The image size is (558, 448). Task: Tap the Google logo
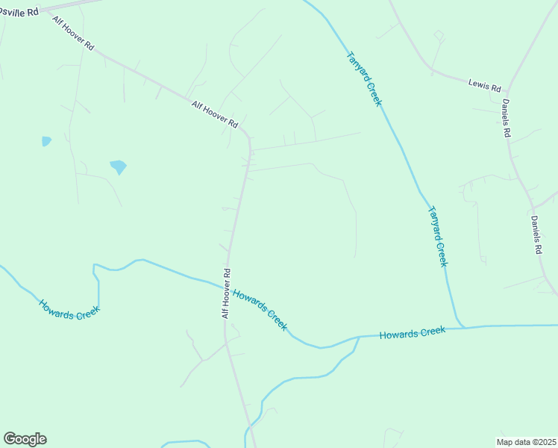25,439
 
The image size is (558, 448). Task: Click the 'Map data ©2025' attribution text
525,441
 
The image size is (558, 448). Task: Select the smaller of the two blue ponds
46,140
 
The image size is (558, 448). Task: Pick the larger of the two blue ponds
118,167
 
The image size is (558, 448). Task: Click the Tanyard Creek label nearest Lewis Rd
363,78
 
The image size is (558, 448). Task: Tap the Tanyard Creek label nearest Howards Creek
436,236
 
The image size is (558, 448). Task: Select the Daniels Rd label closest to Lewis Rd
506,118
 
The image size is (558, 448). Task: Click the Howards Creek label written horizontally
412,333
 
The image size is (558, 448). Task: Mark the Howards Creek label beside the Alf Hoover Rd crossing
260,309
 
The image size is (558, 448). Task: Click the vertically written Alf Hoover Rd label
225,293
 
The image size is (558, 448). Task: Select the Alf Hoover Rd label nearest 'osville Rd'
73,32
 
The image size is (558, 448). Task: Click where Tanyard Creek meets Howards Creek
462,326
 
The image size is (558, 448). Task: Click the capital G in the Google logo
10,439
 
